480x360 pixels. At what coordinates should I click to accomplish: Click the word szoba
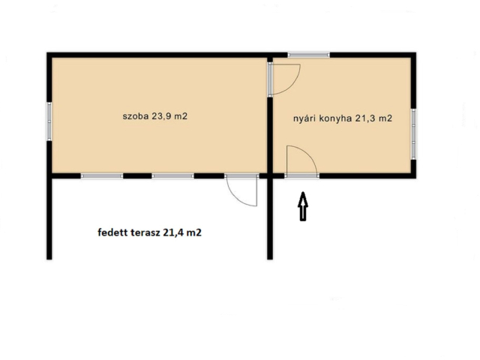point(136,116)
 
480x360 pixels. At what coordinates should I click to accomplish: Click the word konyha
point(335,118)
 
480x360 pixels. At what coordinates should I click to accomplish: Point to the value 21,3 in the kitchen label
point(364,118)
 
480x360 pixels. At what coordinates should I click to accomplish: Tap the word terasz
point(145,232)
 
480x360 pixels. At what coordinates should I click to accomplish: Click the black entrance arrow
point(303,206)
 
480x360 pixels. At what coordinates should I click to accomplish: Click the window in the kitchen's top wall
point(308,55)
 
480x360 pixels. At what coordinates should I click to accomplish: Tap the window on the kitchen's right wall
point(413,134)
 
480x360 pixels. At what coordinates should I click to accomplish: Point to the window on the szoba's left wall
point(49,121)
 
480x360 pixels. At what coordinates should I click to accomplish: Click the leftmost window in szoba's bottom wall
point(102,176)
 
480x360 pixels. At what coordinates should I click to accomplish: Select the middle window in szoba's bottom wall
point(173,176)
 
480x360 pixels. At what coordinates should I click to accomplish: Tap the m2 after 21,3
point(385,118)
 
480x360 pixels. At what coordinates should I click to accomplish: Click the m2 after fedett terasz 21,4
point(193,233)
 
